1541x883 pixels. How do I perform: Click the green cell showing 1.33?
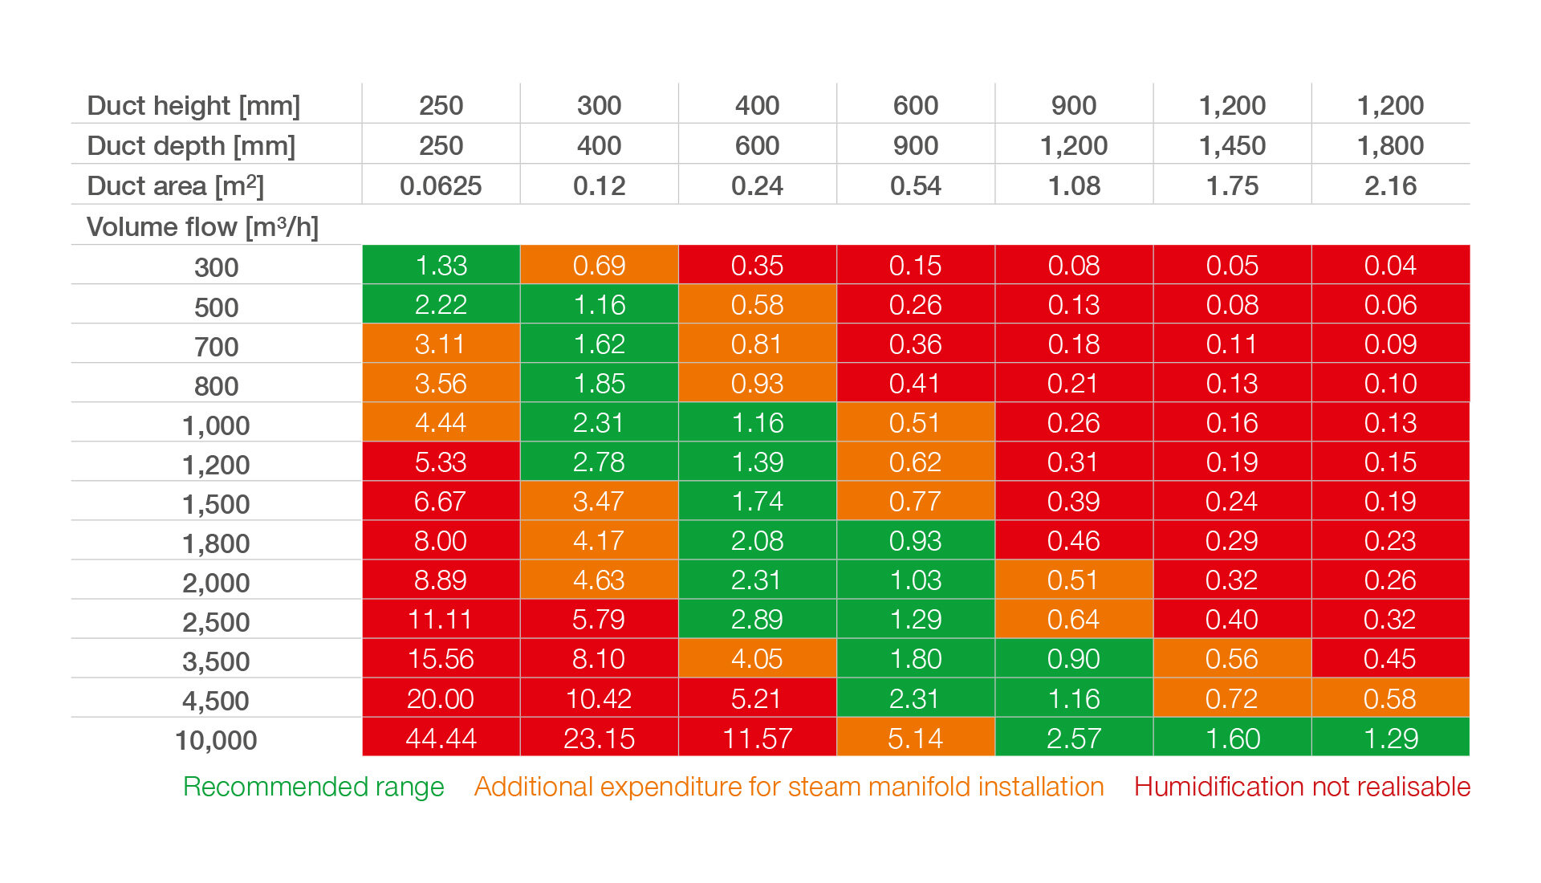coord(441,265)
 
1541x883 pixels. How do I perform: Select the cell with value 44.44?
coord(441,738)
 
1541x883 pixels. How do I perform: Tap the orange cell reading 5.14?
coord(915,738)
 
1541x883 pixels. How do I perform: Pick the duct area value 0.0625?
coord(441,186)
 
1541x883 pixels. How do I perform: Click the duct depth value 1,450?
coord(1232,146)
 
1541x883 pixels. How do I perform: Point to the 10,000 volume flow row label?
coord(216,740)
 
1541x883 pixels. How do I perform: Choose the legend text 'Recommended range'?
coord(313,787)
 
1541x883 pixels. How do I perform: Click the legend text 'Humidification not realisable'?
coord(1302,787)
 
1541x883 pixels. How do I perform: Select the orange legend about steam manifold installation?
coord(789,787)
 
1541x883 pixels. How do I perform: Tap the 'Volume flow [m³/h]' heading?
coord(202,227)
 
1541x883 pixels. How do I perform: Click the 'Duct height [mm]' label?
coord(193,106)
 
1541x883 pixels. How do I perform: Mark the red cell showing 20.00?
coord(441,698)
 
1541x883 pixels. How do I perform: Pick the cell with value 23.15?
coord(599,738)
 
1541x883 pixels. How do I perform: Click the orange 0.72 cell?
coord(1232,698)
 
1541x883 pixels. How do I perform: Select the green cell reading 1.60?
coord(1232,738)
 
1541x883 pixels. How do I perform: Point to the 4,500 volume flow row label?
coord(216,701)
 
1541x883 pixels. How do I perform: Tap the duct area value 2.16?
coord(1390,186)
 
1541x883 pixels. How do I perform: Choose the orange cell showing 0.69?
coord(599,265)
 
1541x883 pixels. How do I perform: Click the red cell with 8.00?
coord(441,540)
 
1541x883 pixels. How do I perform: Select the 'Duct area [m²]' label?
coord(175,186)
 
